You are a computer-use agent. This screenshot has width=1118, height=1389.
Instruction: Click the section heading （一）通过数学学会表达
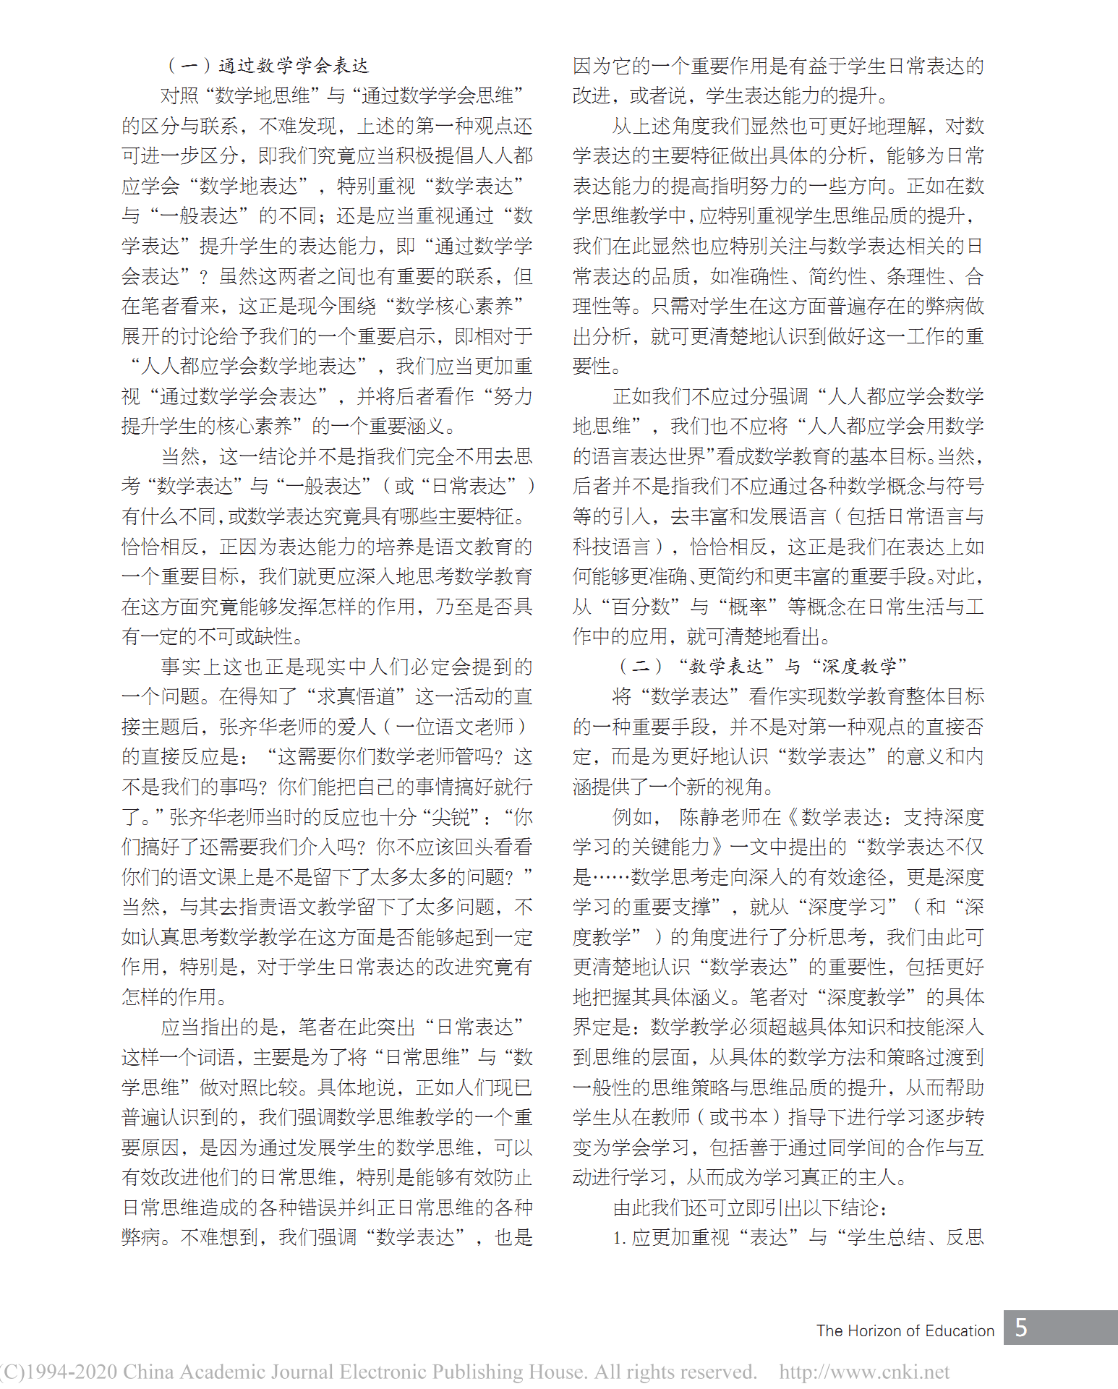tap(268, 66)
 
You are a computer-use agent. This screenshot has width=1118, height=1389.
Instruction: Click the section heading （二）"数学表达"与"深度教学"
tap(762, 666)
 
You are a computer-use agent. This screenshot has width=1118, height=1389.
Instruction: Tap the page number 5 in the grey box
tap(1021, 1328)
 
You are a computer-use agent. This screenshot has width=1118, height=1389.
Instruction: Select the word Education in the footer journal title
tap(960, 1330)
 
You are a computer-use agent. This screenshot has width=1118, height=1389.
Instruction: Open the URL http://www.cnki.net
tap(864, 1372)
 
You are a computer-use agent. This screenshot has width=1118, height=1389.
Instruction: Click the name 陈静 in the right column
tap(699, 817)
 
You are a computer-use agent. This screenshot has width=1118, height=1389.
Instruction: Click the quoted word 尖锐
tap(450, 817)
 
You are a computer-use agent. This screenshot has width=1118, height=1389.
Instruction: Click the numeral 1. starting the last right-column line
tap(619, 1237)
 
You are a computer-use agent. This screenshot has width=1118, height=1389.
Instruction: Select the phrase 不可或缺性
tap(245, 636)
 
